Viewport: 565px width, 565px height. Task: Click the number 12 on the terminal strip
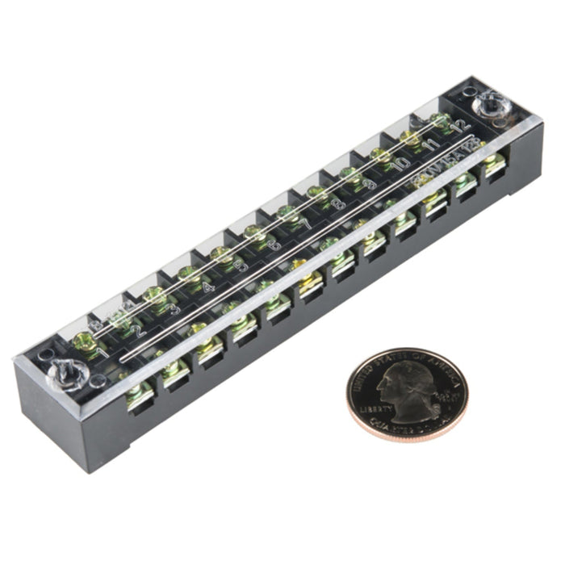[461, 126]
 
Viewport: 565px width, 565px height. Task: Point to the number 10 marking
[401, 165]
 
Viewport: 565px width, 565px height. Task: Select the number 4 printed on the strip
[209, 287]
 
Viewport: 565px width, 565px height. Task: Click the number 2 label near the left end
[139, 330]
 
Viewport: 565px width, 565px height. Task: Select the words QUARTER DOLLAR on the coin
[404, 424]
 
